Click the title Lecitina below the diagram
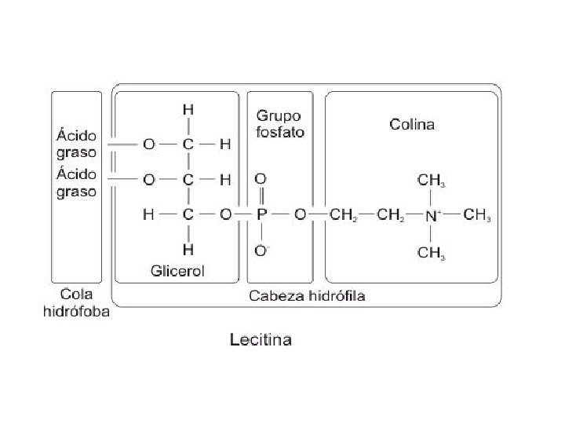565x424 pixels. coord(260,339)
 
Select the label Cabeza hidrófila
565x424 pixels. coord(307,296)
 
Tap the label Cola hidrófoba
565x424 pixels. coord(76,303)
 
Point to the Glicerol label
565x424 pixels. coord(177,271)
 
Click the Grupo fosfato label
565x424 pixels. coord(279,125)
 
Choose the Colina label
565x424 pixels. coord(412,124)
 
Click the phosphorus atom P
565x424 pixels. coord(262,214)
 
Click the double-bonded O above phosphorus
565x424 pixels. coord(261,179)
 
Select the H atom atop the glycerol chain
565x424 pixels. coord(188,110)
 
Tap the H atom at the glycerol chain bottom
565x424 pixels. coord(188,249)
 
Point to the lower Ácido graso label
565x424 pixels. coord(76,182)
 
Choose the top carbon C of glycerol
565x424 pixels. coord(188,144)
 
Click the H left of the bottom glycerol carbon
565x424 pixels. coord(148,214)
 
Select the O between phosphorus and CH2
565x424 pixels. coord(300,214)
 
